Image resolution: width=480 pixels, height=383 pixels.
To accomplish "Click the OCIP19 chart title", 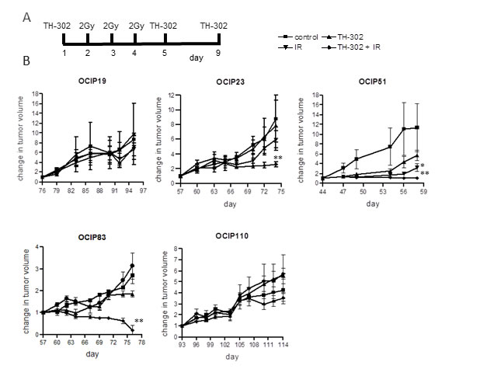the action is tap(92, 81).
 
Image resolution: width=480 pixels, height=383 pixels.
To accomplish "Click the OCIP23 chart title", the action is tap(230, 82).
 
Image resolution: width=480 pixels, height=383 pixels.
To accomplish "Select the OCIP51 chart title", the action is tap(372, 82).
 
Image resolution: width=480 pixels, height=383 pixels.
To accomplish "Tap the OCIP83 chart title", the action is tap(92, 237).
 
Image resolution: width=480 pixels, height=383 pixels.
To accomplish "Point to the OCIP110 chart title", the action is tap(232, 236).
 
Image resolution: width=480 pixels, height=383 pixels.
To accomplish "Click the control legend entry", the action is tap(298, 37).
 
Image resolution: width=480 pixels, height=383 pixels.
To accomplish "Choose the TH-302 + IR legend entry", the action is tap(351, 47).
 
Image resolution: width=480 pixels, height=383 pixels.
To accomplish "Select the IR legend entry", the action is tap(290, 47).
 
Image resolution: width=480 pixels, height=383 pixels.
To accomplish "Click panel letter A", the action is tap(27, 17).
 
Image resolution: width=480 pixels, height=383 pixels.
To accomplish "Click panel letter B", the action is tap(26, 61).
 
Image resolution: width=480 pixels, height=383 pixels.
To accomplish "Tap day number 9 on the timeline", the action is tap(218, 53).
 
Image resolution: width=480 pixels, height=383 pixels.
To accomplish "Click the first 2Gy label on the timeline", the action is tap(87, 26).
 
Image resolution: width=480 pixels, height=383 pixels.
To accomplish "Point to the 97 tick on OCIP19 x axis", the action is tap(143, 190).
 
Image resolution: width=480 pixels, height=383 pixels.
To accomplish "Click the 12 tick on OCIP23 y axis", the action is tap(171, 96).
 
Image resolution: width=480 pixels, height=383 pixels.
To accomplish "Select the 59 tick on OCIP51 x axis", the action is tap(423, 192).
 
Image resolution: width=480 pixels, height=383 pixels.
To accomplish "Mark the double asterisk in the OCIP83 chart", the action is tap(139, 321).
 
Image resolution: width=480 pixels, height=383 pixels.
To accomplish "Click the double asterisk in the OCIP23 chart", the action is tap(278, 158).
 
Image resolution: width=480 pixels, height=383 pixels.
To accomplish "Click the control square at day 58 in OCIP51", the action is tap(417, 127).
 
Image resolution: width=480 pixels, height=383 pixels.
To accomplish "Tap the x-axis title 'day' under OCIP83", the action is tap(92, 354).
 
